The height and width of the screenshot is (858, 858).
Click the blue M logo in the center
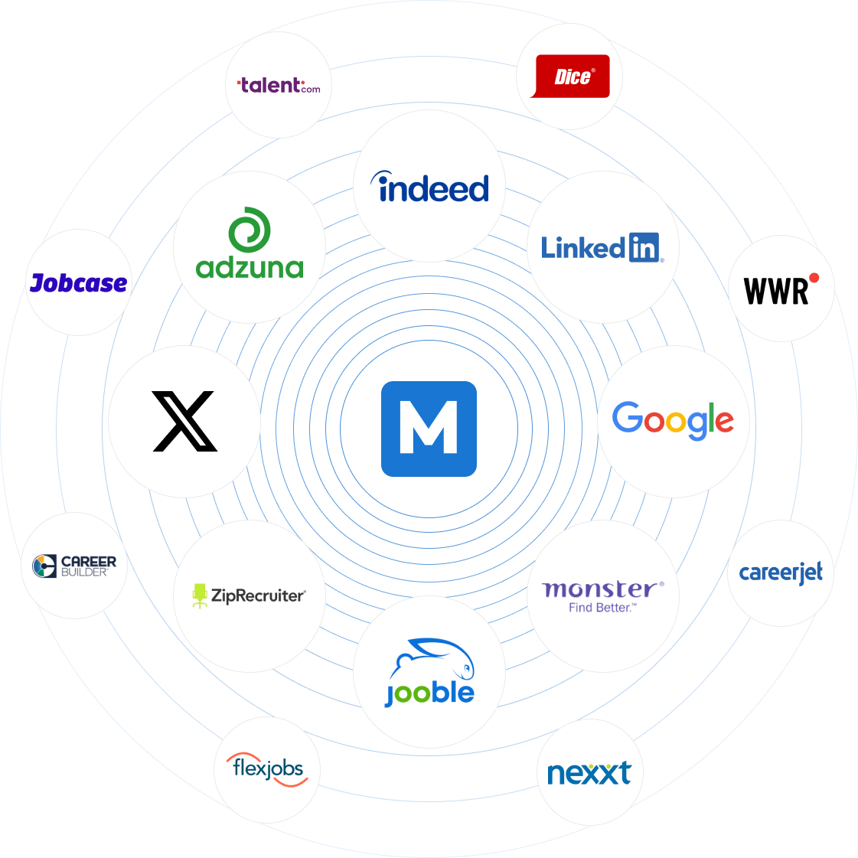coord(429,429)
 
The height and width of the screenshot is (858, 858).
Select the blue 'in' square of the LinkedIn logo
coord(644,247)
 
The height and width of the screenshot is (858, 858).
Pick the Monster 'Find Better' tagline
coord(602,608)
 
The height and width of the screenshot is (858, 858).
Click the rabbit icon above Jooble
coord(434,658)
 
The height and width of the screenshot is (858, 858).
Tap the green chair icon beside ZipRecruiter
coord(200,595)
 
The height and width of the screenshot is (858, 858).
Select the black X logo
coord(184,421)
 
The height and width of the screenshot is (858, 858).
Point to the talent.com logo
coord(279,85)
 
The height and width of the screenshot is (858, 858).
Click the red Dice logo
coord(571,77)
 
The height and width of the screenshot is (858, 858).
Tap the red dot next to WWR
coord(814,278)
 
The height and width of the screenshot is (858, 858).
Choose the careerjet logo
coord(781,573)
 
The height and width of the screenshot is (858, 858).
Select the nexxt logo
coord(589,773)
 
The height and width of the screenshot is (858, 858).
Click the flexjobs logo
coord(268,768)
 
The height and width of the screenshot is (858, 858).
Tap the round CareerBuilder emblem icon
coord(44,566)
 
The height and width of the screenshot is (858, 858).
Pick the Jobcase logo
coord(78,283)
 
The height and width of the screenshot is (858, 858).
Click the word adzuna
coord(250,268)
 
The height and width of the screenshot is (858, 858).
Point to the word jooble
coord(430,693)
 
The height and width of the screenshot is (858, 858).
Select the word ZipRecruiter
coord(258,595)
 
